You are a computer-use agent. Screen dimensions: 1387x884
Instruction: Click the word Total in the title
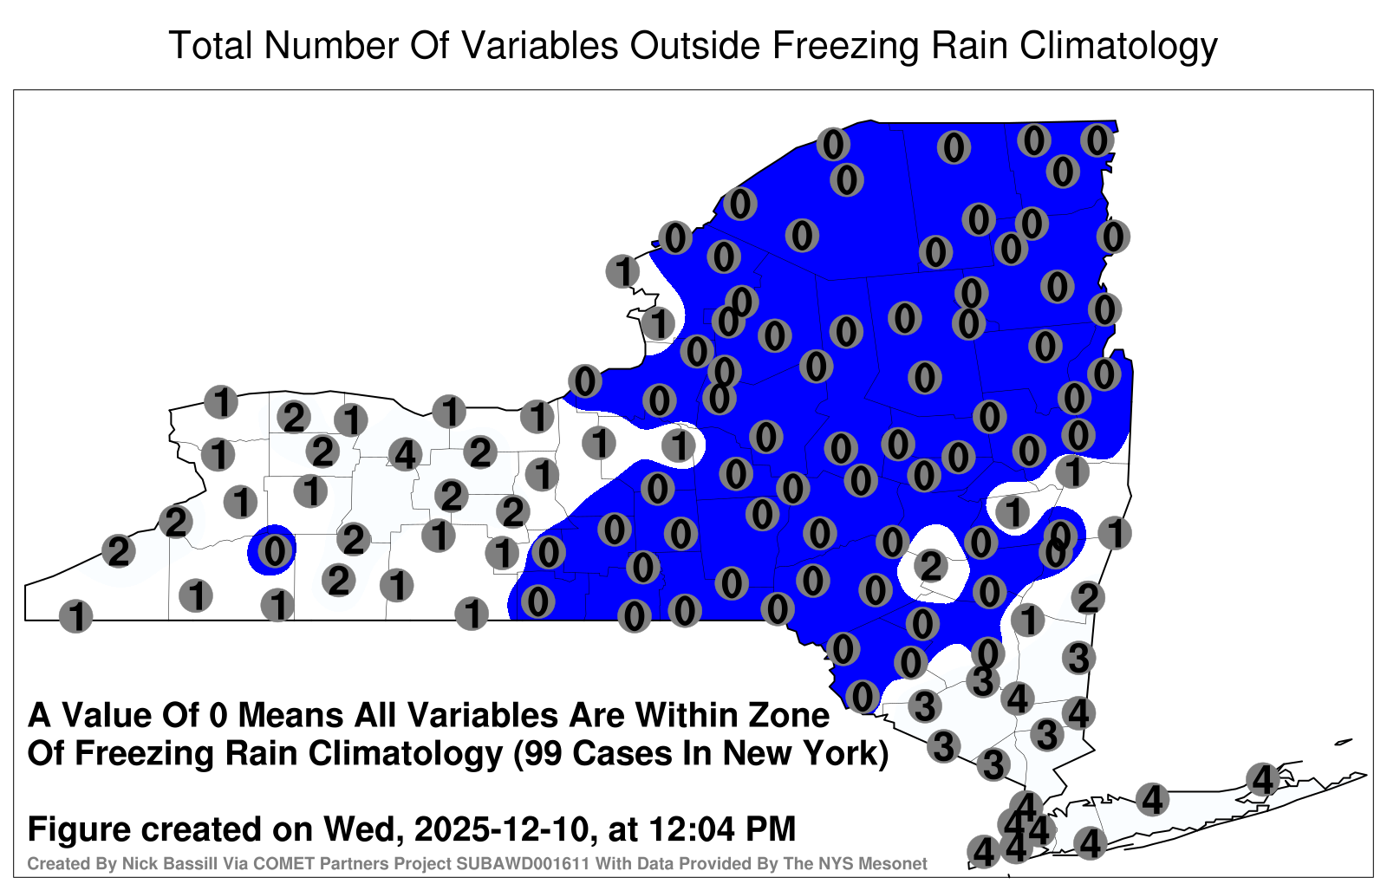point(211,45)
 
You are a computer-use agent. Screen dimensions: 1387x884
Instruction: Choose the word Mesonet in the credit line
point(896,863)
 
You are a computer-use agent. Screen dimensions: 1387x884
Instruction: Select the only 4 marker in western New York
point(405,455)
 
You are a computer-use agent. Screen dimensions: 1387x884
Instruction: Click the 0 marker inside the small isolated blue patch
point(275,551)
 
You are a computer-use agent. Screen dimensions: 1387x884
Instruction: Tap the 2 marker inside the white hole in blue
point(931,566)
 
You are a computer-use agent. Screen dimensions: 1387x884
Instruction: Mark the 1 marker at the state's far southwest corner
point(75,616)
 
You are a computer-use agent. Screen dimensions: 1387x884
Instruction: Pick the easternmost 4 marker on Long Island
point(1262,779)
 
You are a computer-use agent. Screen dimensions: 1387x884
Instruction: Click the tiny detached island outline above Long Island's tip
point(1343,742)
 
